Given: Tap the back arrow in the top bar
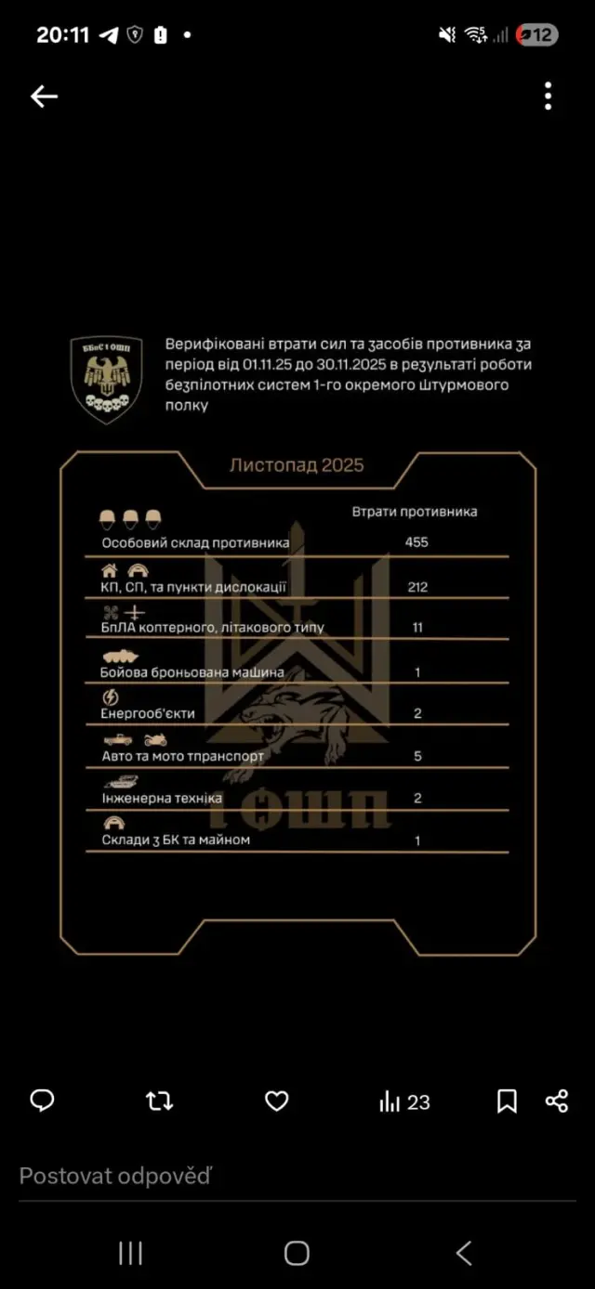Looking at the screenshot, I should (44, 97).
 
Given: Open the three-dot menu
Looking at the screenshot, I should (549, 96).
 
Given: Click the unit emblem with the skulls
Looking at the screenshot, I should (107, 380).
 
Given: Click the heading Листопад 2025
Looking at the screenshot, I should (297, 465).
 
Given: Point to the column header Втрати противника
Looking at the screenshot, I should (415, 512).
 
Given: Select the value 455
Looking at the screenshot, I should (416, 541).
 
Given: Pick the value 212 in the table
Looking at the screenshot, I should (416, 587).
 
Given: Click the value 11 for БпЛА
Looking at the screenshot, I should (417, 628).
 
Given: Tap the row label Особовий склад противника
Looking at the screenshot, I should (195, 542).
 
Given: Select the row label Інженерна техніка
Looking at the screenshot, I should (161, 798).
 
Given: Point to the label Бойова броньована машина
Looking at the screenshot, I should (192, 671).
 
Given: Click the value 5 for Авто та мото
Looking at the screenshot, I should (417, 756).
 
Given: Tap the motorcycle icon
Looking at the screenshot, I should (155, 740).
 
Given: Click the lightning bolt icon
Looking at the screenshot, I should (109, 697).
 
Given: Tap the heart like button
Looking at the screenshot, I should (276, 1101).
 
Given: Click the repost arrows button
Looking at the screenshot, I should (159, 1101).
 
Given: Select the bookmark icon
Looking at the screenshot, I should (507, 1101).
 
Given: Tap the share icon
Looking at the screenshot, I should (557, 1101).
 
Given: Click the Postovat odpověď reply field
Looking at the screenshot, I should (115, 1177).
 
